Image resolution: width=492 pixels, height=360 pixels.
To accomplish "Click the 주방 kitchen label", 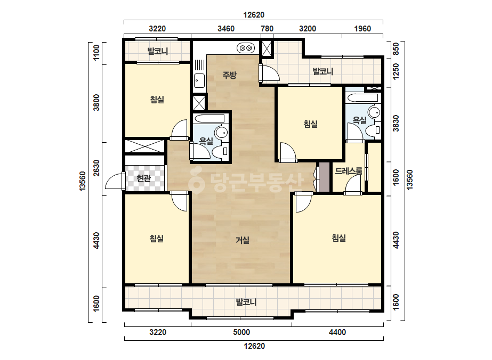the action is click(x=229, y=75).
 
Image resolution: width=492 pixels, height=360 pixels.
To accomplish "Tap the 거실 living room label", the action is click(x=243, y=240).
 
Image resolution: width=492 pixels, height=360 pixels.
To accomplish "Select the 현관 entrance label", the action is click(x=144, y=178).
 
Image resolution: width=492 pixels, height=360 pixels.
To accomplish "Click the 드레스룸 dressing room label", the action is click(x=349, y=171).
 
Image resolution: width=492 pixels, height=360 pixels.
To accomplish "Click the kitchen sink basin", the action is click(x=199, y=81).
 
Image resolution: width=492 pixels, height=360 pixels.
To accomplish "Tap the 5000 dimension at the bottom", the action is click(x=241, y=332).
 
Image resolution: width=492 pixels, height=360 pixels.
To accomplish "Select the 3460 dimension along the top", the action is click(x=226, y=29).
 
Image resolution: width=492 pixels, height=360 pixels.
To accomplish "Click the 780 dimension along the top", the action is click(x=267, y=29).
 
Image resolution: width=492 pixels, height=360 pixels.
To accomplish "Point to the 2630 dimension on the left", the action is click(x=96, y=168).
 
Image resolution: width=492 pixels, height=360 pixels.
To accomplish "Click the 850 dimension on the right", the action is click(x=396, y=48).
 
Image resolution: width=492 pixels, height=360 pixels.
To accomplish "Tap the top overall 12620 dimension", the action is click(x=254, y=15).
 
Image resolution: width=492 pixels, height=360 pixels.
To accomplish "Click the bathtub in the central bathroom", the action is click(x=209, y=119).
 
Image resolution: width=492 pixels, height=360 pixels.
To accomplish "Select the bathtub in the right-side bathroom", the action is click(x=362, y=97).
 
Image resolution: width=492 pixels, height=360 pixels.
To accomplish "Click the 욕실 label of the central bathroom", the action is click(x=206, y=141).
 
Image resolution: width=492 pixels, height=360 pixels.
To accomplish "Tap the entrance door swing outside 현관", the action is click(x=115, y=182).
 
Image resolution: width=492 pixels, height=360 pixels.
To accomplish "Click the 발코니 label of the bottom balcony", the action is click(x=246, y=302).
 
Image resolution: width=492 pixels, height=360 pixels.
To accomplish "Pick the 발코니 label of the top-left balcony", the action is click(x=158, y=51).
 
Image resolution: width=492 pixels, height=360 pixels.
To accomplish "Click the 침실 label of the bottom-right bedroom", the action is click(x=339, y=238).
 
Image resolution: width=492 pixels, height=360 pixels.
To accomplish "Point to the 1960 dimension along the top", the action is click(x=362, y=29).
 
